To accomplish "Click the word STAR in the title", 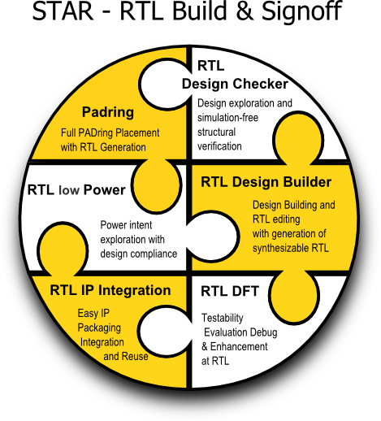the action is pos(63,11).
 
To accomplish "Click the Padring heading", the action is pos(108,112).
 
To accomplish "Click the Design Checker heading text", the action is pos(235,84).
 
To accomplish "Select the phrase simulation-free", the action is pos(227,118).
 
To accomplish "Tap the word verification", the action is pos(219,146).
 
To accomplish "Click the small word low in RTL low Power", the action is pos(69,190).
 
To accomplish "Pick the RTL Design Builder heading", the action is pos(266,182).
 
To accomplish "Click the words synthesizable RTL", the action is pos(291,249).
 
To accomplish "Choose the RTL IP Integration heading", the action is pos(110,290).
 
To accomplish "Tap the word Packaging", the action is pos(99,328).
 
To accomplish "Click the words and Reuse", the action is pos(126,357).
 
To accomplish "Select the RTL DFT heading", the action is pos(230,292).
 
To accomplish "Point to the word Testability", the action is pos(223,318).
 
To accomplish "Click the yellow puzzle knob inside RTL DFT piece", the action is pos(294,296).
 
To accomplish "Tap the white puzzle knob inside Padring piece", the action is pos(164,85).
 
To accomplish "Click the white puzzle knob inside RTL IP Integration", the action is pos(164,332).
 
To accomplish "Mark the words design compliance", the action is pos(139,254).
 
